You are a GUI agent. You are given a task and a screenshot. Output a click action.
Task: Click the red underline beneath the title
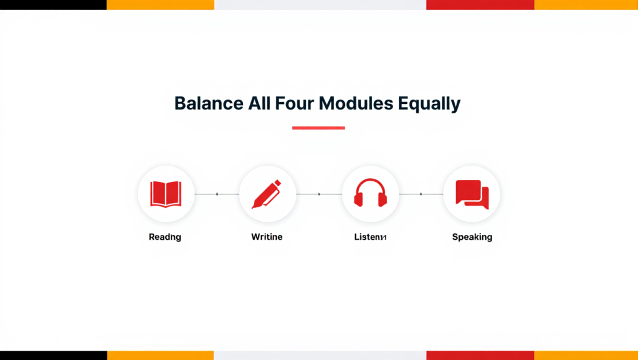point(318,128)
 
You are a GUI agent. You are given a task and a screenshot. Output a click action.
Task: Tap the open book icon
point(166,194)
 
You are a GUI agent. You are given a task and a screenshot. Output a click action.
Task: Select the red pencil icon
point(267,194)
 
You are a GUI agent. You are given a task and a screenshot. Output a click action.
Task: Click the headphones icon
point(370,194)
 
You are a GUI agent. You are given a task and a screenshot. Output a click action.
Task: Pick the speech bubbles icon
point(472,194)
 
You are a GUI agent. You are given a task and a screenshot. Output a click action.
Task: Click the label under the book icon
point(165,237)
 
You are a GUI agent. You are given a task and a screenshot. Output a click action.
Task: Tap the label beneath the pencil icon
point(267,237)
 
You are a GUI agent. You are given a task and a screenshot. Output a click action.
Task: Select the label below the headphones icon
point(370,237)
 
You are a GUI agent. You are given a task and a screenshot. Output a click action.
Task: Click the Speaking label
point(472,237)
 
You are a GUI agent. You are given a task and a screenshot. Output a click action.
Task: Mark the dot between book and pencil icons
point(217,194)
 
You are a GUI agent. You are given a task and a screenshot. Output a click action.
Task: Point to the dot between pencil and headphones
point(319,194)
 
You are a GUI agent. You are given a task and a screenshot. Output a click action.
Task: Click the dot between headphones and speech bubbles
point(421,194)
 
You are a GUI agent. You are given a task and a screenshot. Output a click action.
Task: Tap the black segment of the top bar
point(53,4)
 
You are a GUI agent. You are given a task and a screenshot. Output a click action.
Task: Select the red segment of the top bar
point(480,4)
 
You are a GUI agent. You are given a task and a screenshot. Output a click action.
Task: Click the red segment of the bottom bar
point(480,355)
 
